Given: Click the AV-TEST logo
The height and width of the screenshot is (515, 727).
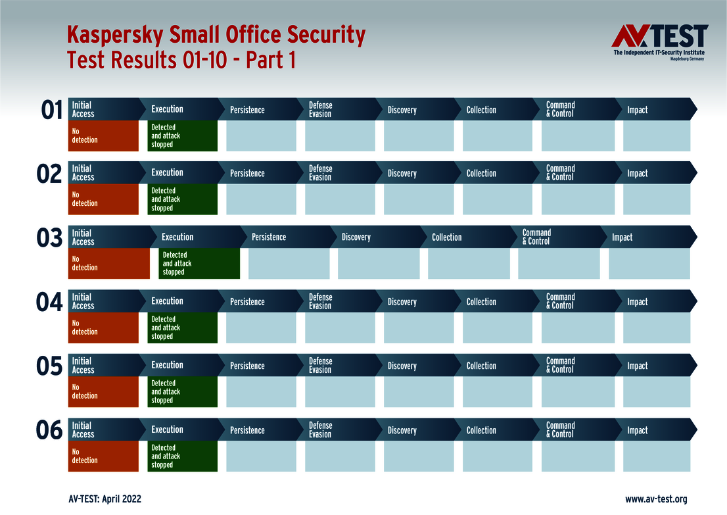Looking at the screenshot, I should tap(659, 41).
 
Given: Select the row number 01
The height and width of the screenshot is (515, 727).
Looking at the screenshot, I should tap(51, 110).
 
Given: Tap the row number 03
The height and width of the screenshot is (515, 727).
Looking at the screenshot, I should tap(49, 238).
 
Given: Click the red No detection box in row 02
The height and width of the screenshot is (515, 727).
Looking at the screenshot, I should tap(104, 199).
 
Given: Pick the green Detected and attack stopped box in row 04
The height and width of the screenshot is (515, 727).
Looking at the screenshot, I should tap(183, 328).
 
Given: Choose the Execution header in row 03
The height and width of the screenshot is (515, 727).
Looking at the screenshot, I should tap(177, 237).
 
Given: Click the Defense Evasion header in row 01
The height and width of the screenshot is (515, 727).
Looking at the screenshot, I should tap(321, 109).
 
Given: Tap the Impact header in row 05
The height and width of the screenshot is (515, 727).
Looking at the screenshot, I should tap(637, 366).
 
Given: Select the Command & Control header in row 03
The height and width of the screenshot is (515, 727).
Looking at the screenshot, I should tap(536, 237).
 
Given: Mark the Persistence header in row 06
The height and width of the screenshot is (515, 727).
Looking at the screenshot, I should tap(247, 430).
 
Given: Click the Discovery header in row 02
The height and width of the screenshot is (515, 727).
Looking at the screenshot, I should tap(402, 174).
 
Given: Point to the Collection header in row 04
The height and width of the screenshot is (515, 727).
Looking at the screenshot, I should tap(481, 302).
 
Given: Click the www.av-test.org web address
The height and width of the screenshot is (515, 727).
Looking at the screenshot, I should tap(656, 499).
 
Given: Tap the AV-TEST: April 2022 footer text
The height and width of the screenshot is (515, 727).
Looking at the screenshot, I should tap(105, 499).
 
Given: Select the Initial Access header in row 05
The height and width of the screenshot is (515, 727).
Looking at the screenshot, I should tap(83, 366).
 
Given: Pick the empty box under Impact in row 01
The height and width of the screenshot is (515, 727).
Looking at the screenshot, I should tap(656, 135).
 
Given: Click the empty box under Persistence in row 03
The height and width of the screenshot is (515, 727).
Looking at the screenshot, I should tap(289, 264).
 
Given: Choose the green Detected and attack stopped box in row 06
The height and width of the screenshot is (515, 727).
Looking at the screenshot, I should tap(183, 456).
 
